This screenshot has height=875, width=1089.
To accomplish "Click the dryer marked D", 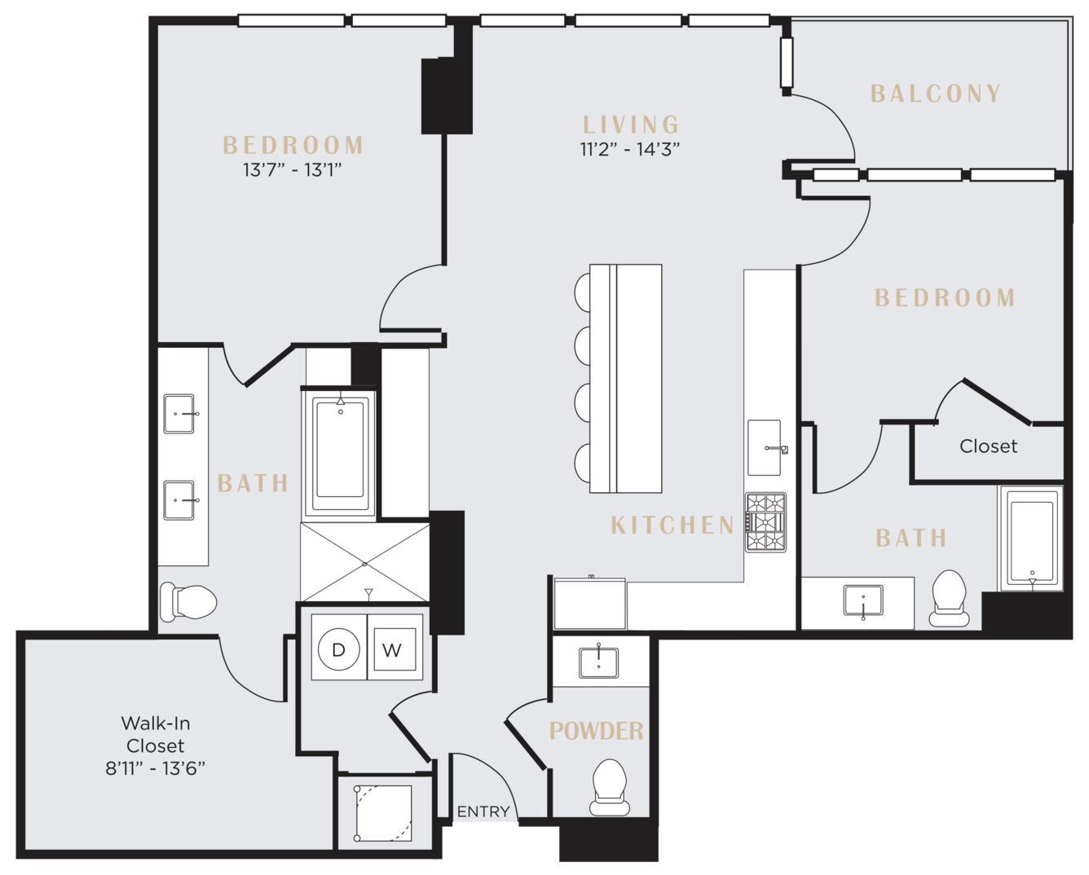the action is pos(338,649).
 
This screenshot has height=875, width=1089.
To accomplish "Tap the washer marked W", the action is pos(395,649).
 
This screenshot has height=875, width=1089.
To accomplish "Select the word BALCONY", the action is pos(935,94).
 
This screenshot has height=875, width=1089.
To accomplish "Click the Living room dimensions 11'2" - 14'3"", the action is pos(629,149).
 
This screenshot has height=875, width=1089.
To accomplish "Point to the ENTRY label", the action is pos(483,811).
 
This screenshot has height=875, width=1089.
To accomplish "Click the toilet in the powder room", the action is pos(610,788).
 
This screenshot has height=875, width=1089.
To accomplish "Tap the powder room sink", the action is pos(598,662).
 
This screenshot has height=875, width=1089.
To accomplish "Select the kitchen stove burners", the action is pos(765,522).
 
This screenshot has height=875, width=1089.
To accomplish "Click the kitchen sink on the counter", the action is pos(765,447).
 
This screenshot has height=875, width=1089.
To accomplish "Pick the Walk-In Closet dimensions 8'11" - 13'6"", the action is pos(156,768).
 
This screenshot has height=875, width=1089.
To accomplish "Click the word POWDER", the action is pos(596,731).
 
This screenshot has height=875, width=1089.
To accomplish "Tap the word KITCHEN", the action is pos(672,525).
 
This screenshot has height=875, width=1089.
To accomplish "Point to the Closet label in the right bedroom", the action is pos(988,446).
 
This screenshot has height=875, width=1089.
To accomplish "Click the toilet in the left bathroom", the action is pos(188,602).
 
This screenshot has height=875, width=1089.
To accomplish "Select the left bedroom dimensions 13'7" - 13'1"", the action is pos(293,170).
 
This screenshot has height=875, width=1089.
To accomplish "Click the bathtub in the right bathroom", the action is pos(1031,539).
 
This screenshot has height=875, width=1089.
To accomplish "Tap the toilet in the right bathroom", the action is pos(949,598).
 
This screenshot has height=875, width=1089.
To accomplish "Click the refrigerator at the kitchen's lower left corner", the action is pos(589,604).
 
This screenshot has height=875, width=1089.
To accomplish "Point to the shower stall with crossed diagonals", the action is pos(365,562).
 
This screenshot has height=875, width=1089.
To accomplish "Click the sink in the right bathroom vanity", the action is pos(863,600).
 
